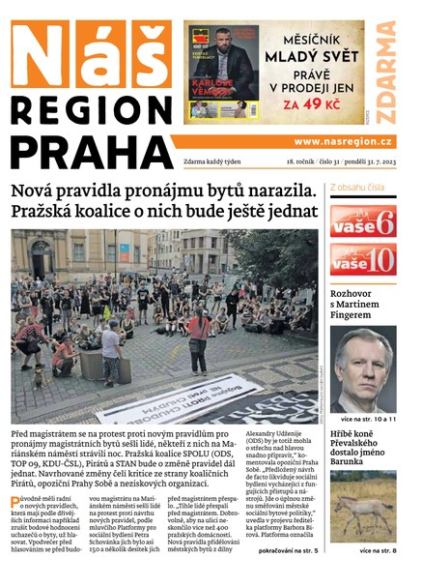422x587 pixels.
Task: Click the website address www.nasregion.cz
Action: click(343, 141)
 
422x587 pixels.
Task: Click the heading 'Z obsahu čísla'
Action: click(357, 187)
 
